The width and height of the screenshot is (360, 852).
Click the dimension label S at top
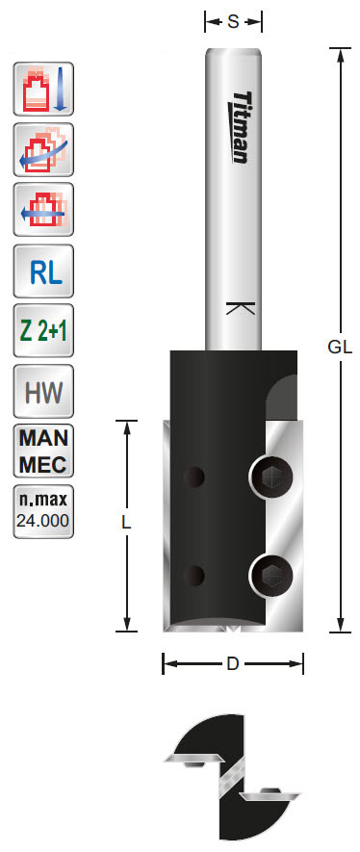click(x=233, y=21)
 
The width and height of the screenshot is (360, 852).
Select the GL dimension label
click(x=338, y=348)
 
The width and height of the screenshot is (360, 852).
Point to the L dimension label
click(x=125, y=523)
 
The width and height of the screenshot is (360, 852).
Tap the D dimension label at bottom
click(x=233, y=663)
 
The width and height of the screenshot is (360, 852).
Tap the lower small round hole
click(x=195, y=576)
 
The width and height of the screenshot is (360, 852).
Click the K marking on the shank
click(x=233, y=309)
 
